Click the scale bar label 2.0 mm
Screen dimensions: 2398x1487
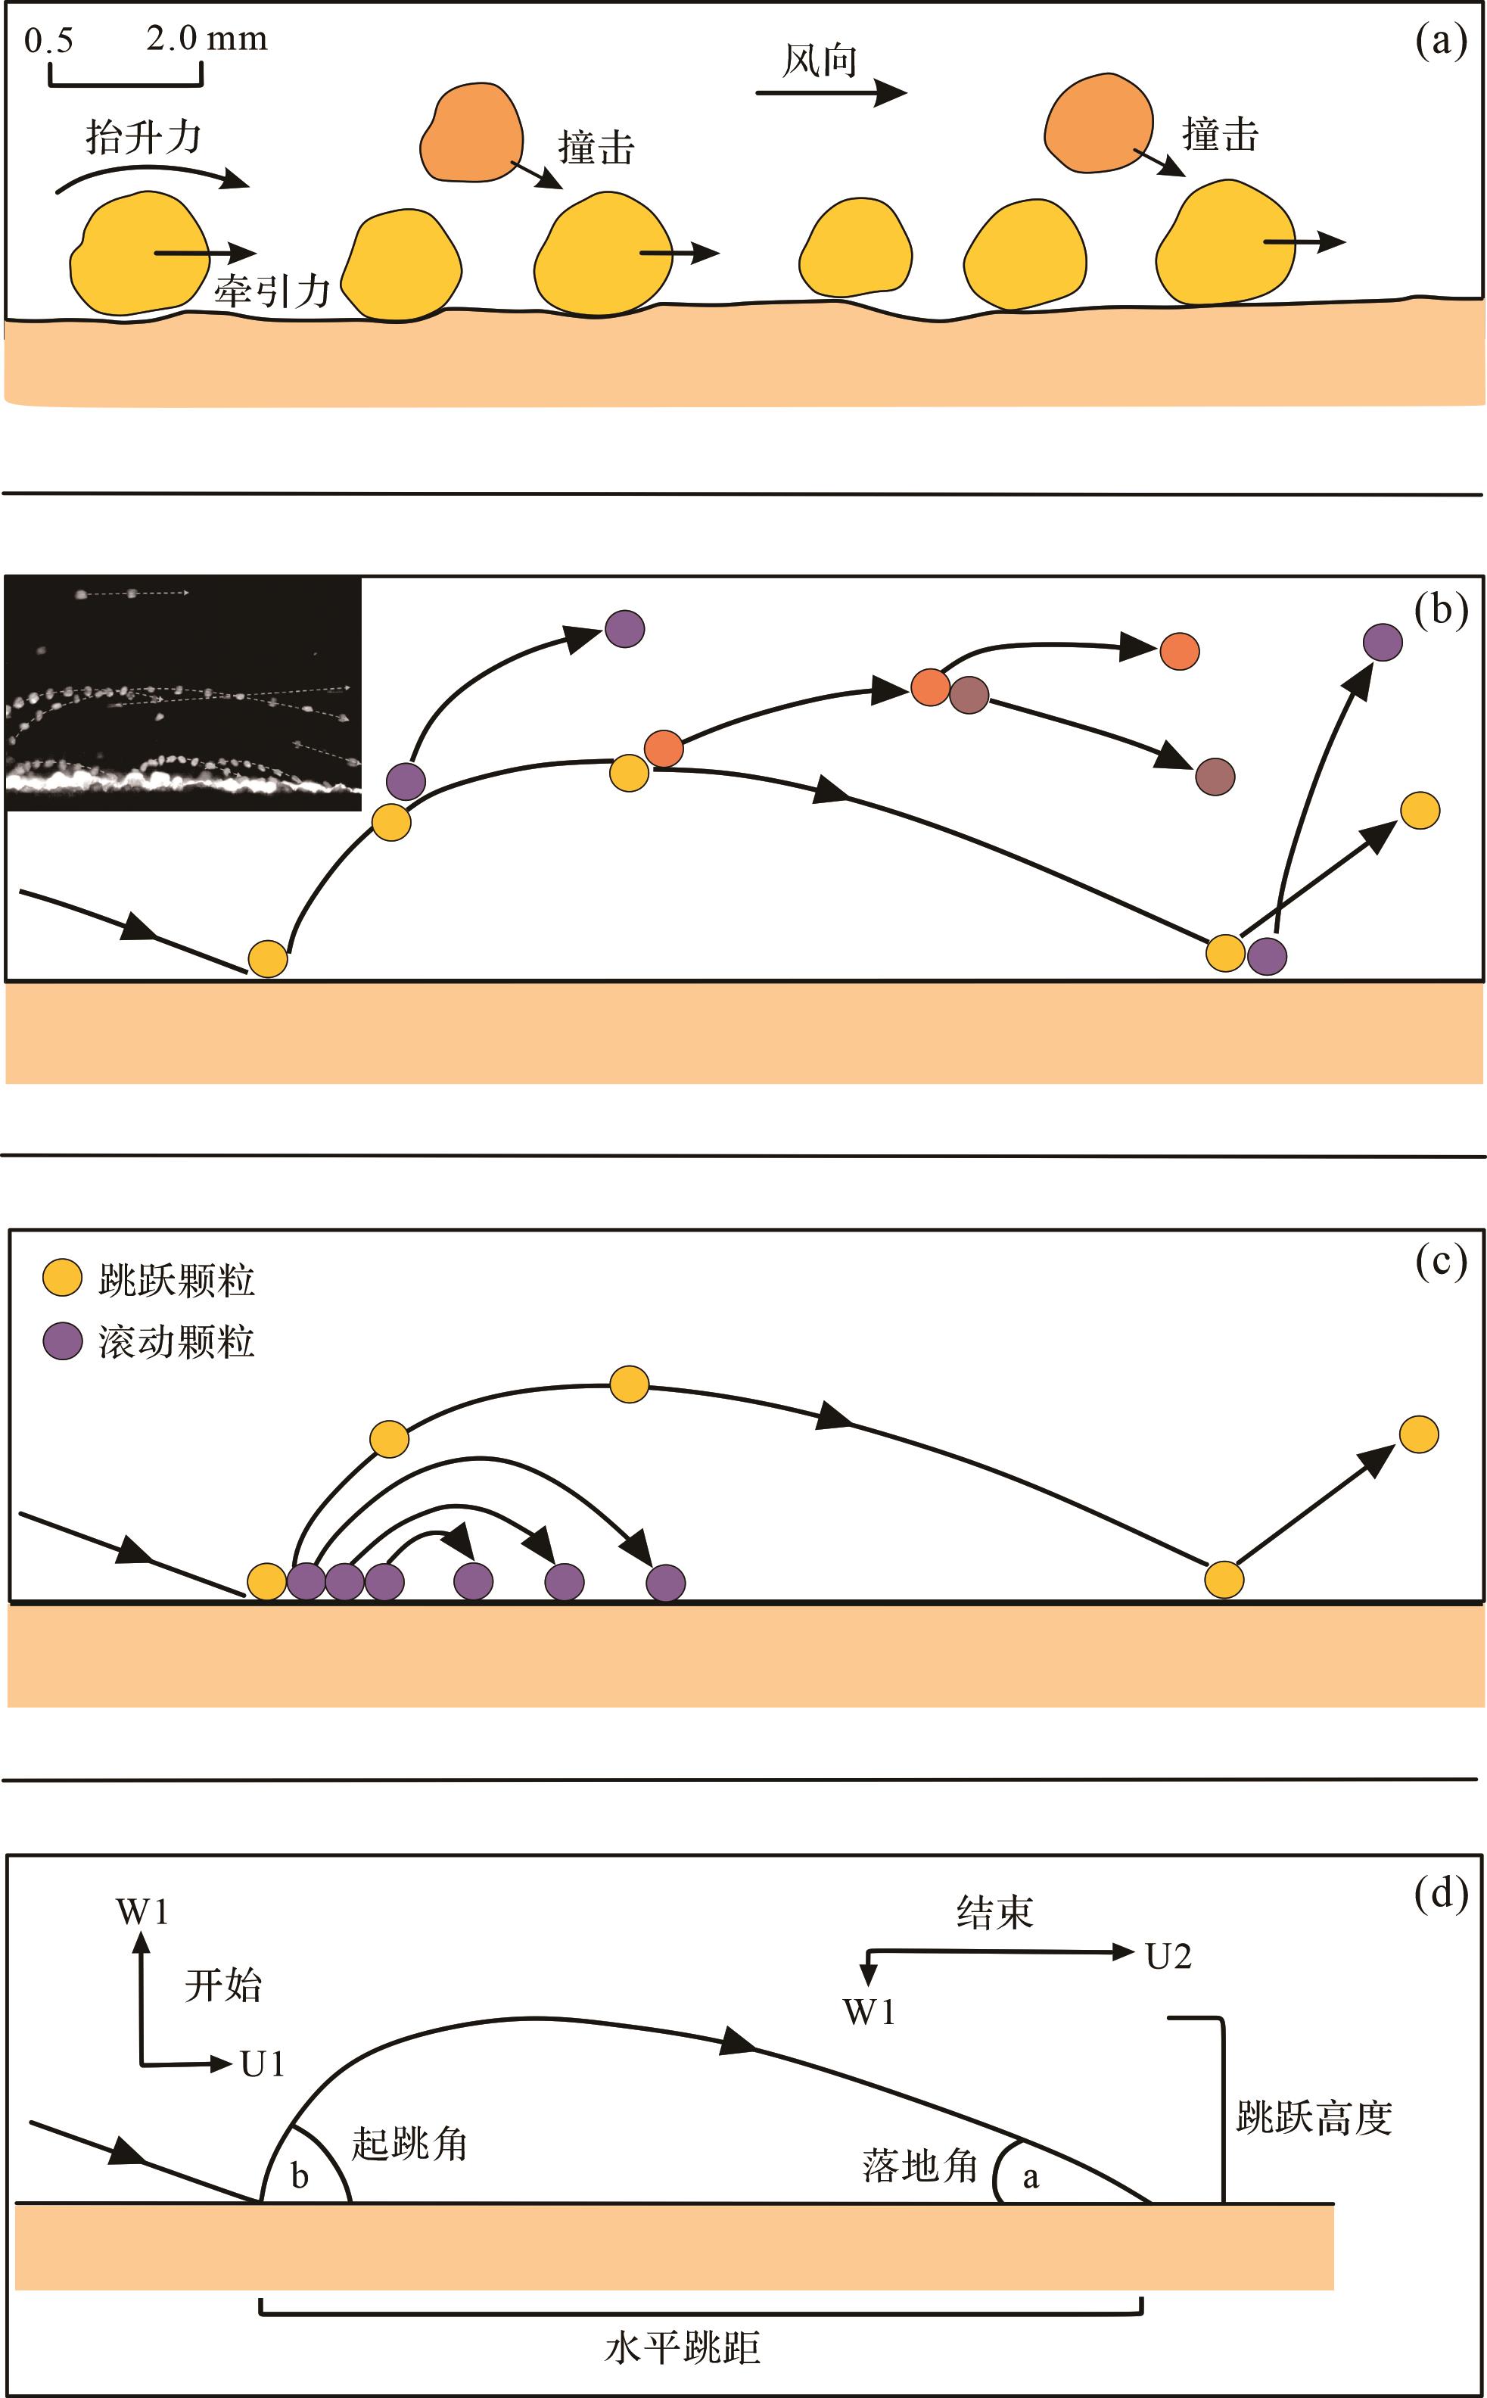point(207,39)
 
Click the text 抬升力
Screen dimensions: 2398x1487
point(144,137)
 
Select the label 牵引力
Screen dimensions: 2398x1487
point(272,291)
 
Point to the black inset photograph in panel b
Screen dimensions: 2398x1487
point(184,694)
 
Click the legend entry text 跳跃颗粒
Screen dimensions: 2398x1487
point(177,1281)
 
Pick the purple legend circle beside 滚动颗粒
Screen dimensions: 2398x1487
point(62,1341)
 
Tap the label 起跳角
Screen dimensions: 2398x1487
point(409,2144)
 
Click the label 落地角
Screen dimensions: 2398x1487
point(920,2166)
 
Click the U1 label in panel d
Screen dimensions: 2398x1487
point(263,2063)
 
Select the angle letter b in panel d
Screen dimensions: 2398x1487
point(300,2177)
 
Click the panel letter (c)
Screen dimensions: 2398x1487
point(1441,1261)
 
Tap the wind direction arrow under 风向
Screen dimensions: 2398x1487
point(830,93)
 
